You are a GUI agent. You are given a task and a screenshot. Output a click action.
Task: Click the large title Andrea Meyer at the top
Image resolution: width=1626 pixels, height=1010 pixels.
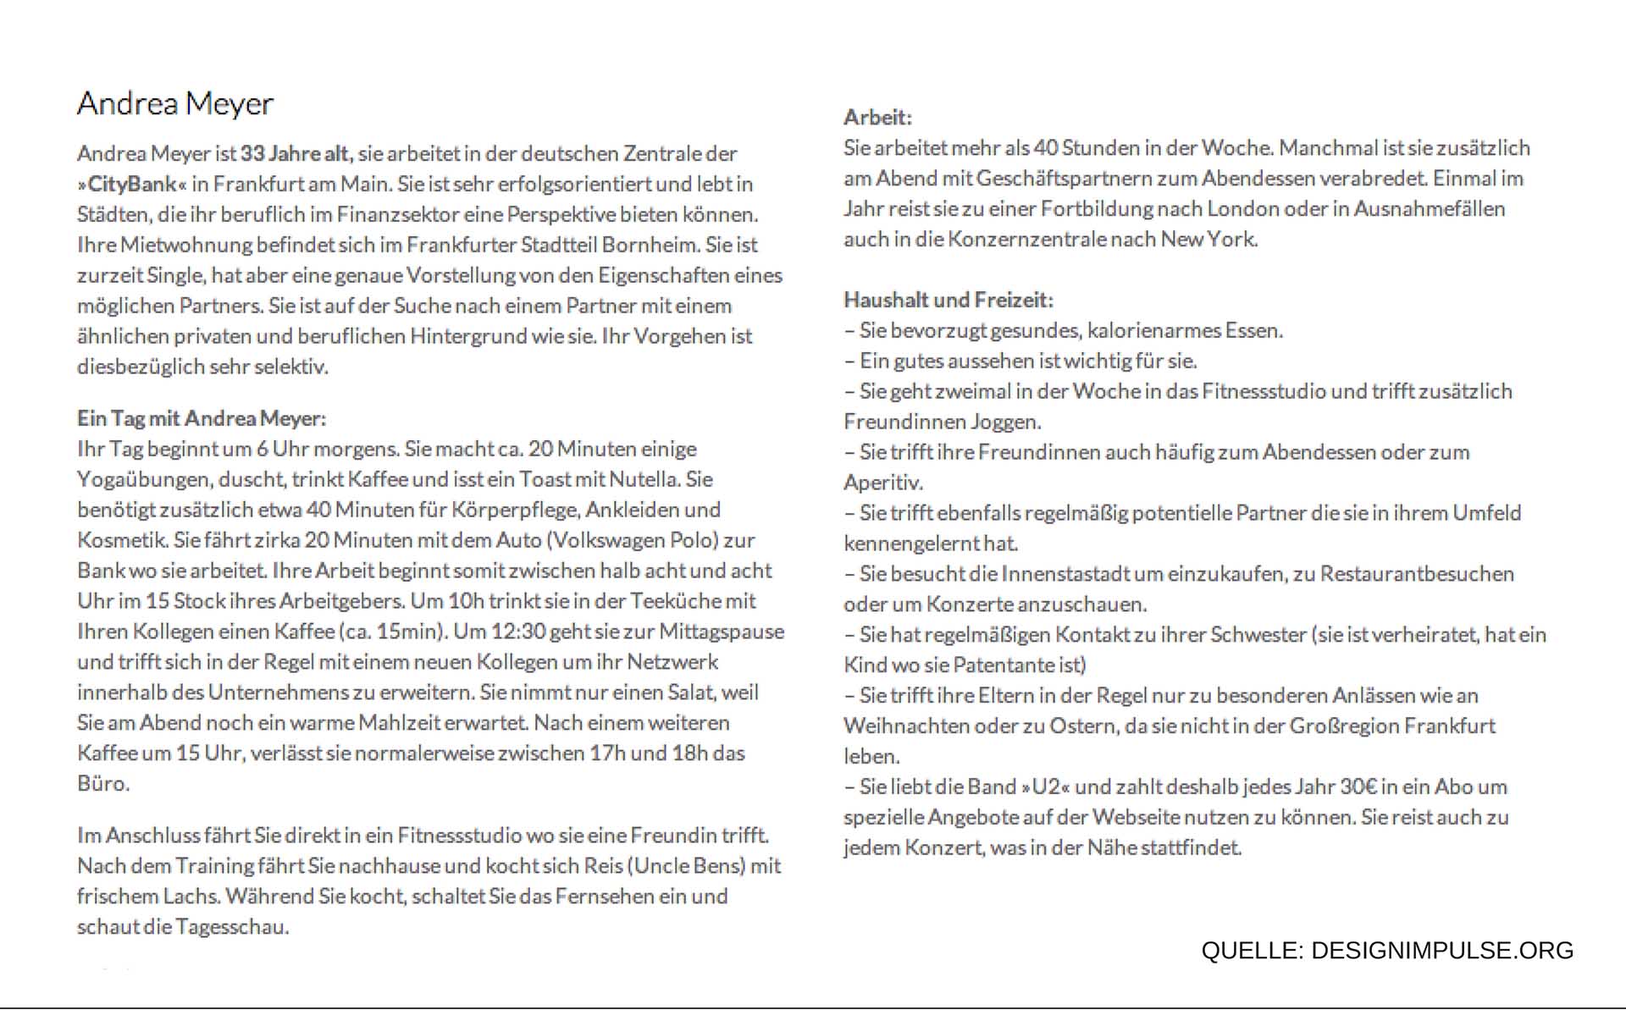[x=175, y=103]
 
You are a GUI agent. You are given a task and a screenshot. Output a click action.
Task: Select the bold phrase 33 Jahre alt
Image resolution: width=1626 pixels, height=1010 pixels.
[x=295, y=154]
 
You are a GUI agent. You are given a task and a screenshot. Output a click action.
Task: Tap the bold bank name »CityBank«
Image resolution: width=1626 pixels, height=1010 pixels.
[x=131, y=185]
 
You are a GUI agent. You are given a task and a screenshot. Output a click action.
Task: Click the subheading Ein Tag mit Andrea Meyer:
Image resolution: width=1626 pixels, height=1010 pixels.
[x=202, y=418]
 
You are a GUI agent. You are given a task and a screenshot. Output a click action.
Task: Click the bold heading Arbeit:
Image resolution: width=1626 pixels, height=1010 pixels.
[x=877, y=118]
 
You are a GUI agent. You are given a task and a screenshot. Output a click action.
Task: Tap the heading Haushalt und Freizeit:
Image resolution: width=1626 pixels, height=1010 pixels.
[x=948, y=300]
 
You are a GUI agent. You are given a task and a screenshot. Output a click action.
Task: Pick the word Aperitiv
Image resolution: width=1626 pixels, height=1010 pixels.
[x=882, y=483]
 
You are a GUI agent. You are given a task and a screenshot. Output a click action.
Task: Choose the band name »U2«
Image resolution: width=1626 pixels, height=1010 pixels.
[x=1046, y=787]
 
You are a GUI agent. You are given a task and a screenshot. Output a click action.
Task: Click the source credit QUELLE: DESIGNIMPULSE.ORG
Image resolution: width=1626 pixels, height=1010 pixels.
[x=1386, y=951]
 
